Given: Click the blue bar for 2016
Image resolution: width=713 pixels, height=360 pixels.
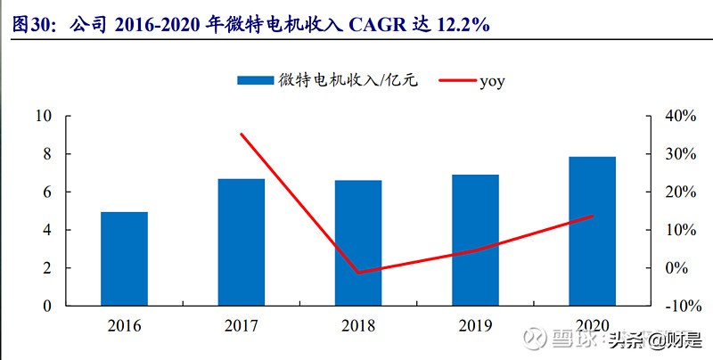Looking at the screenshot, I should click(x=124, y=258).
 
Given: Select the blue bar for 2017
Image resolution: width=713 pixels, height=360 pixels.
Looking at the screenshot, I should click(x=242, y=242).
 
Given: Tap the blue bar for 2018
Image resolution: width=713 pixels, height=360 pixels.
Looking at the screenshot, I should click(x=358, y=243).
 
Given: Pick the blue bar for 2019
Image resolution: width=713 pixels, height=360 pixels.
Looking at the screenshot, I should click(x=475, y=241).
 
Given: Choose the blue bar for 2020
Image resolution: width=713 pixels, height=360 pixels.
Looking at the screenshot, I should click(x=593, y=232).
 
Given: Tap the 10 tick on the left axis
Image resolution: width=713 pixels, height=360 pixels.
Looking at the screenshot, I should click(x=44, y=117).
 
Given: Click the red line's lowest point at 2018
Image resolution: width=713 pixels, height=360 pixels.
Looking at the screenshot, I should click(x=358, y=272).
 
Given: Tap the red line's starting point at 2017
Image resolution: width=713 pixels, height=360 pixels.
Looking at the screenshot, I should click(x=242, y=135).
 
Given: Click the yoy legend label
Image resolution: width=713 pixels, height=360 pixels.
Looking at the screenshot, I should click(x=492, y=81).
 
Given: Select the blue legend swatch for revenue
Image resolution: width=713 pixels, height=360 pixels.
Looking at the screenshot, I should click(x=254, y=81).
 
